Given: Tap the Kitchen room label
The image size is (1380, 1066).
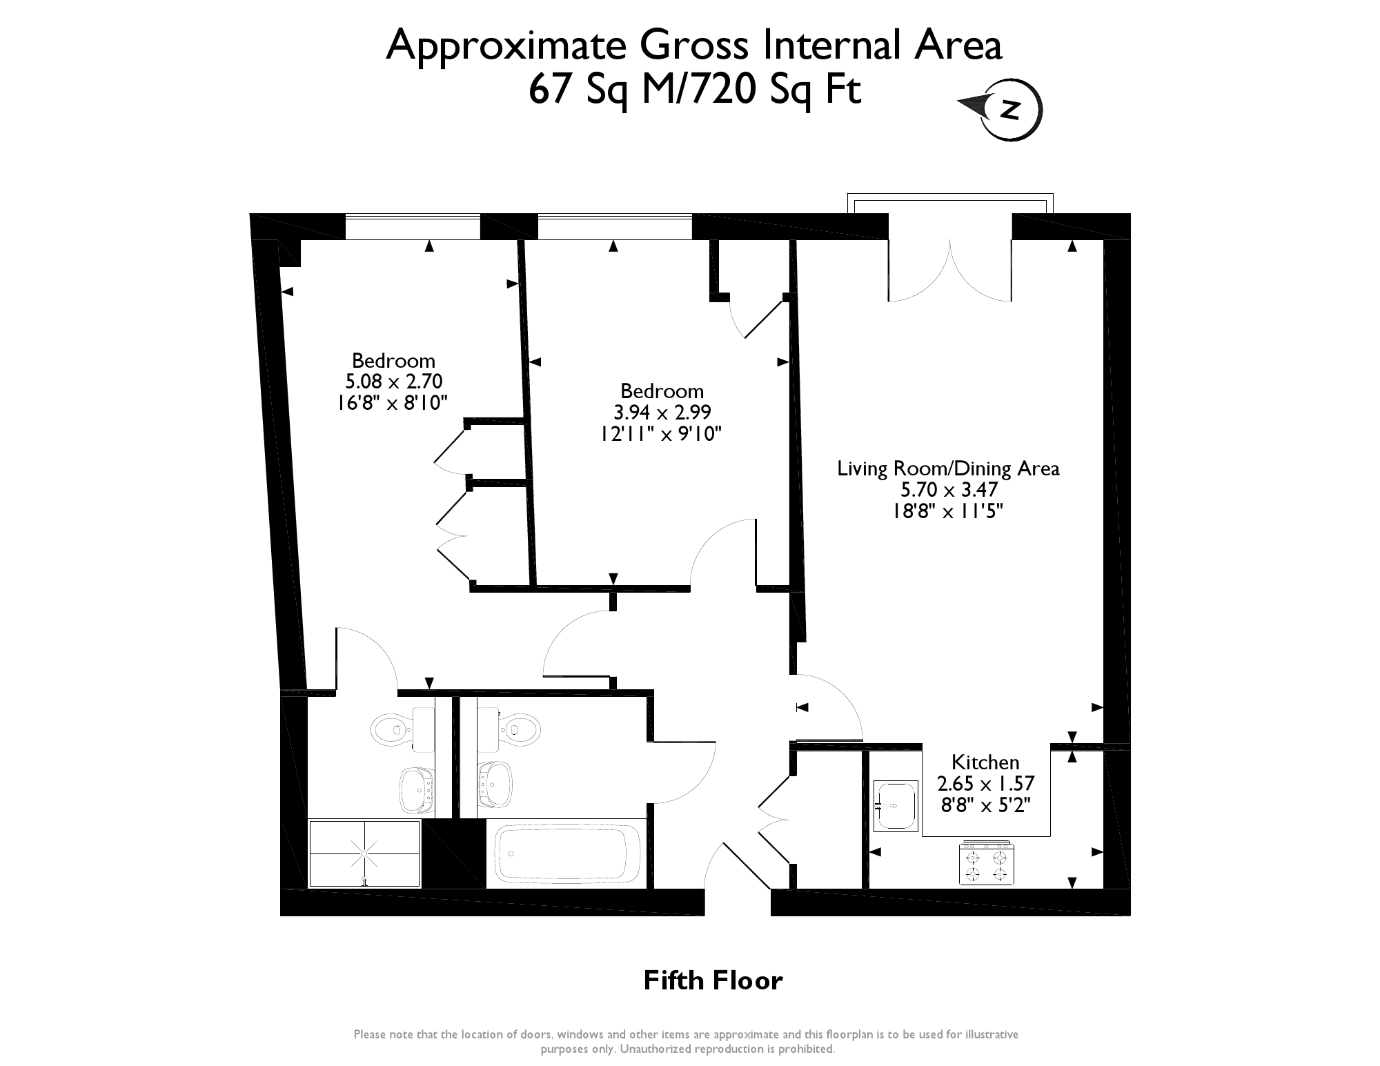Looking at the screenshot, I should coord(985,762).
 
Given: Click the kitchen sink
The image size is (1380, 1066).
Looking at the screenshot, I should coord(895,806).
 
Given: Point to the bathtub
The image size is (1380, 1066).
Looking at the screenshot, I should coord(566,853).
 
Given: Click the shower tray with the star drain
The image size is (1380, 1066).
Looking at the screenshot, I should coord(364,853).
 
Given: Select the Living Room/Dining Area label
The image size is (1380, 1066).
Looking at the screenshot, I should coord(948,468).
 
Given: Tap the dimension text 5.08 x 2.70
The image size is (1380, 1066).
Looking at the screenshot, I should coord(393,381).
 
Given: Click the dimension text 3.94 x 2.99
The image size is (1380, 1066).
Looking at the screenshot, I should coord(662,412).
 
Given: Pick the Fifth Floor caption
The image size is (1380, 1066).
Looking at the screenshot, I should coord(713,980).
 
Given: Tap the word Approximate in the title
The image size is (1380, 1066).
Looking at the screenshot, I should coord(506,46).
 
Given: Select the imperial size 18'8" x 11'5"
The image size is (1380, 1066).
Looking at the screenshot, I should coord(949,511).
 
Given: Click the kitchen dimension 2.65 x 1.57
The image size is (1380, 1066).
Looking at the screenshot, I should coord(985,784).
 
